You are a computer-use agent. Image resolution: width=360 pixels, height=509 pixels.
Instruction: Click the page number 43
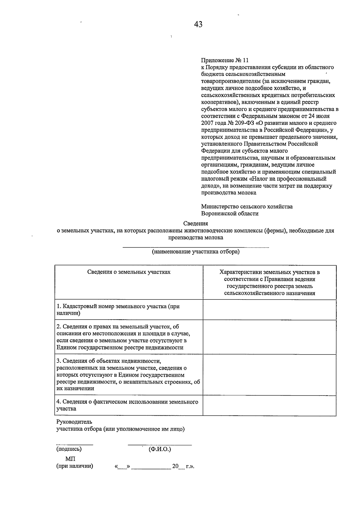tap(198, 24)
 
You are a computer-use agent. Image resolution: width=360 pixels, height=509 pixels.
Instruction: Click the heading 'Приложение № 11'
tap(225, 60)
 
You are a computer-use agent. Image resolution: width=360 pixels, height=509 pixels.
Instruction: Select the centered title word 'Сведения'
tap(196, 223)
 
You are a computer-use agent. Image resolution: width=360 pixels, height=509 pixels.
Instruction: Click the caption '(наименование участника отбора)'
tap(196, 251)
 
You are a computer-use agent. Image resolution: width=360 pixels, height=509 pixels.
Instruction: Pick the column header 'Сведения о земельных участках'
tap(129, 272)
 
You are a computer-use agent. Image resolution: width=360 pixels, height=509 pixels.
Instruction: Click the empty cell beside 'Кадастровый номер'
tap(269, 309)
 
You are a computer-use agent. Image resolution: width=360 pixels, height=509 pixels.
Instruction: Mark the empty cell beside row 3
tap(269, 375)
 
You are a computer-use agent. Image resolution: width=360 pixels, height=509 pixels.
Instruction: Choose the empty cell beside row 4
tap(269, 405)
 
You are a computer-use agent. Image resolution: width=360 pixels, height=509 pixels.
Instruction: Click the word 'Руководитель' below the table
tap(74, 422)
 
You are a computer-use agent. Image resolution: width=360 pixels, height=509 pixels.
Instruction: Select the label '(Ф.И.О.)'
tap(160, 449)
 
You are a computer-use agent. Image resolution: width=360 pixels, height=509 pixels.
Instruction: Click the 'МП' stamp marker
tap(70, 459)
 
